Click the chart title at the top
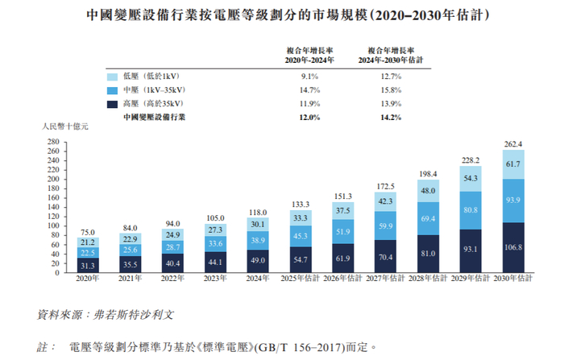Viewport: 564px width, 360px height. click(282, 15)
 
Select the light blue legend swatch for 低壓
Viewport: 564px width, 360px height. click(114, 76)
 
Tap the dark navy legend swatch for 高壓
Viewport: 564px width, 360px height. click(114, 103)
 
